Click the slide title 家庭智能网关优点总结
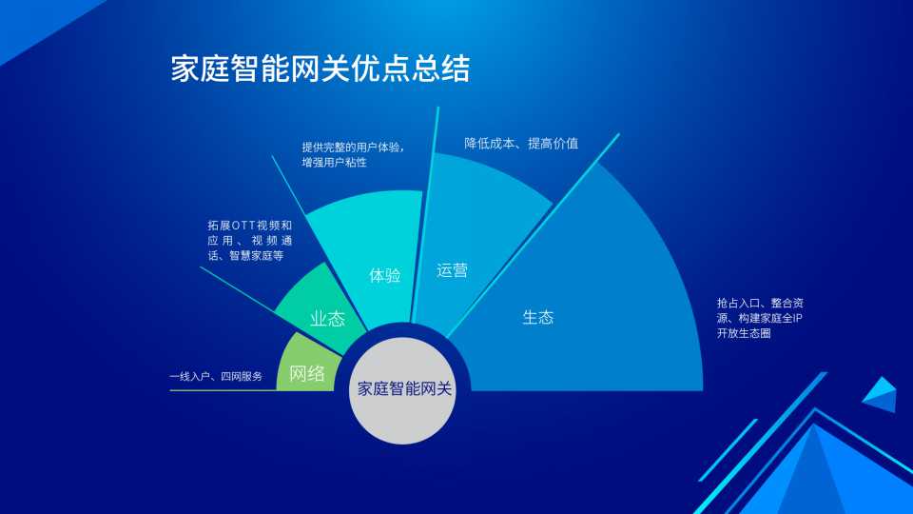coord(320,69)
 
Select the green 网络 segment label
coord(306,373)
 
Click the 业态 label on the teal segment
coord(327,318)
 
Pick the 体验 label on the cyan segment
coord(384,275)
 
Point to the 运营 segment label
coord(452,270)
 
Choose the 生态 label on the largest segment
coord(538,318)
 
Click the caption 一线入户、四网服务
coord(216,377)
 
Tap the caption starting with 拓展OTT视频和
coord(250,240)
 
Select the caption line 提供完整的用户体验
coord(353,147)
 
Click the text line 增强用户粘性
coord(334,162)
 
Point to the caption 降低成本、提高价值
coord(521,144)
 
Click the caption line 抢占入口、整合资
coord(760,303)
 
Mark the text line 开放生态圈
coord(744,333)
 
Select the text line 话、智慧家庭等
coord(245,255)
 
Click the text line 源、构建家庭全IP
coord(759,318)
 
